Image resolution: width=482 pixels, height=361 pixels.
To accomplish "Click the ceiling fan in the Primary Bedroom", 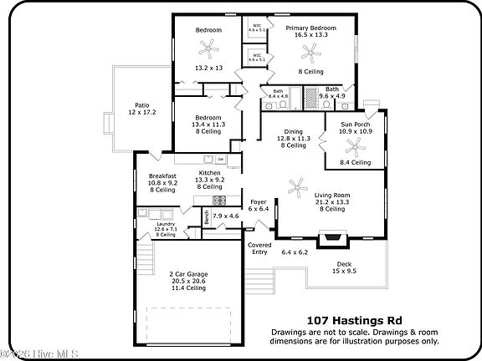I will coord(311,54).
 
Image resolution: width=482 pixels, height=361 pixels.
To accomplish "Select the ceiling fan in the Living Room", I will coord(295,186).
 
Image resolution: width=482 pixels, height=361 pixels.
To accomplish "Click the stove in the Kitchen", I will coord(219,201).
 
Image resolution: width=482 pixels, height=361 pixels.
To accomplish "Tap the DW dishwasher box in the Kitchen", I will coord(220,159).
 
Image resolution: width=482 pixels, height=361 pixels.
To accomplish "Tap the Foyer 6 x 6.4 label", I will coord(258,205).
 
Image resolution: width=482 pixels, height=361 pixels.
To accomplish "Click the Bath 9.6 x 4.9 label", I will coord(332,92).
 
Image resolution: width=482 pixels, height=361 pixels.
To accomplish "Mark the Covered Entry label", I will coord(259,248).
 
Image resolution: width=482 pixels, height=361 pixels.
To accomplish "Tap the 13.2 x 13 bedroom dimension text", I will coord(208,68).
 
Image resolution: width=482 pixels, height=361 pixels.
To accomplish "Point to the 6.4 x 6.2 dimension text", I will coord(295,252).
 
